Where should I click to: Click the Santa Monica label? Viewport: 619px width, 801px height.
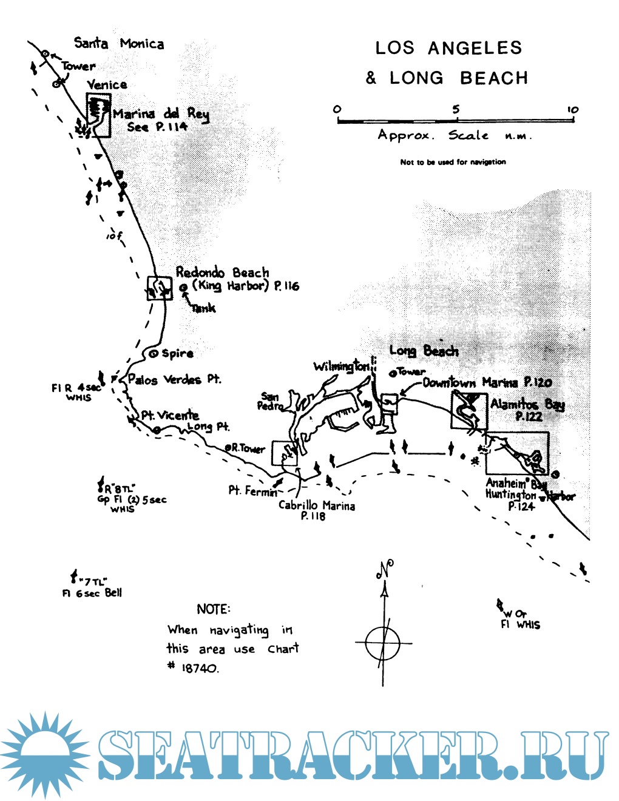[x=119, y=43]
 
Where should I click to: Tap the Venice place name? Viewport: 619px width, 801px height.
[x=107, y=84]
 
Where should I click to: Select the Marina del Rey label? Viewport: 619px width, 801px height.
[x=161, y=113]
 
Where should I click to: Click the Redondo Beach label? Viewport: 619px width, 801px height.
[x=222, y=272]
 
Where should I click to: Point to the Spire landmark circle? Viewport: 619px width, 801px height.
[x=154, y=353]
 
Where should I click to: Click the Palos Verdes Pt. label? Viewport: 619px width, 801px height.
[x=174, y=379]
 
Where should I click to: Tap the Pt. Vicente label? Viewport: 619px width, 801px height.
[x=170, y=415]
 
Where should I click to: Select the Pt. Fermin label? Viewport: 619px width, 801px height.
[x=252, y=490]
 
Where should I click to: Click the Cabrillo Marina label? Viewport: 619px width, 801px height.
[x=316, y=505]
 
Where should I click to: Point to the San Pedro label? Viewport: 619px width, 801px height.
[x=269, y=401]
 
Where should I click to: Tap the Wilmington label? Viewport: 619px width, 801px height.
[x=341, y=366]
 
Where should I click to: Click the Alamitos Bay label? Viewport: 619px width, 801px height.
[x=527, y=404]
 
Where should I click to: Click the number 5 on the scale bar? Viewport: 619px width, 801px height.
[x=456, y=109]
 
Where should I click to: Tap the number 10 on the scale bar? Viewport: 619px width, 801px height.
[x=572, y=110]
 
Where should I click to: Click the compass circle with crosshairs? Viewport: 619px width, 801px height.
[x=383, y=642]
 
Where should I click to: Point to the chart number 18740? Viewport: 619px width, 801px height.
[x=200, y=668]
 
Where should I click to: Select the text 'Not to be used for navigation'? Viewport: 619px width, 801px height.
[x=453, y=162]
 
